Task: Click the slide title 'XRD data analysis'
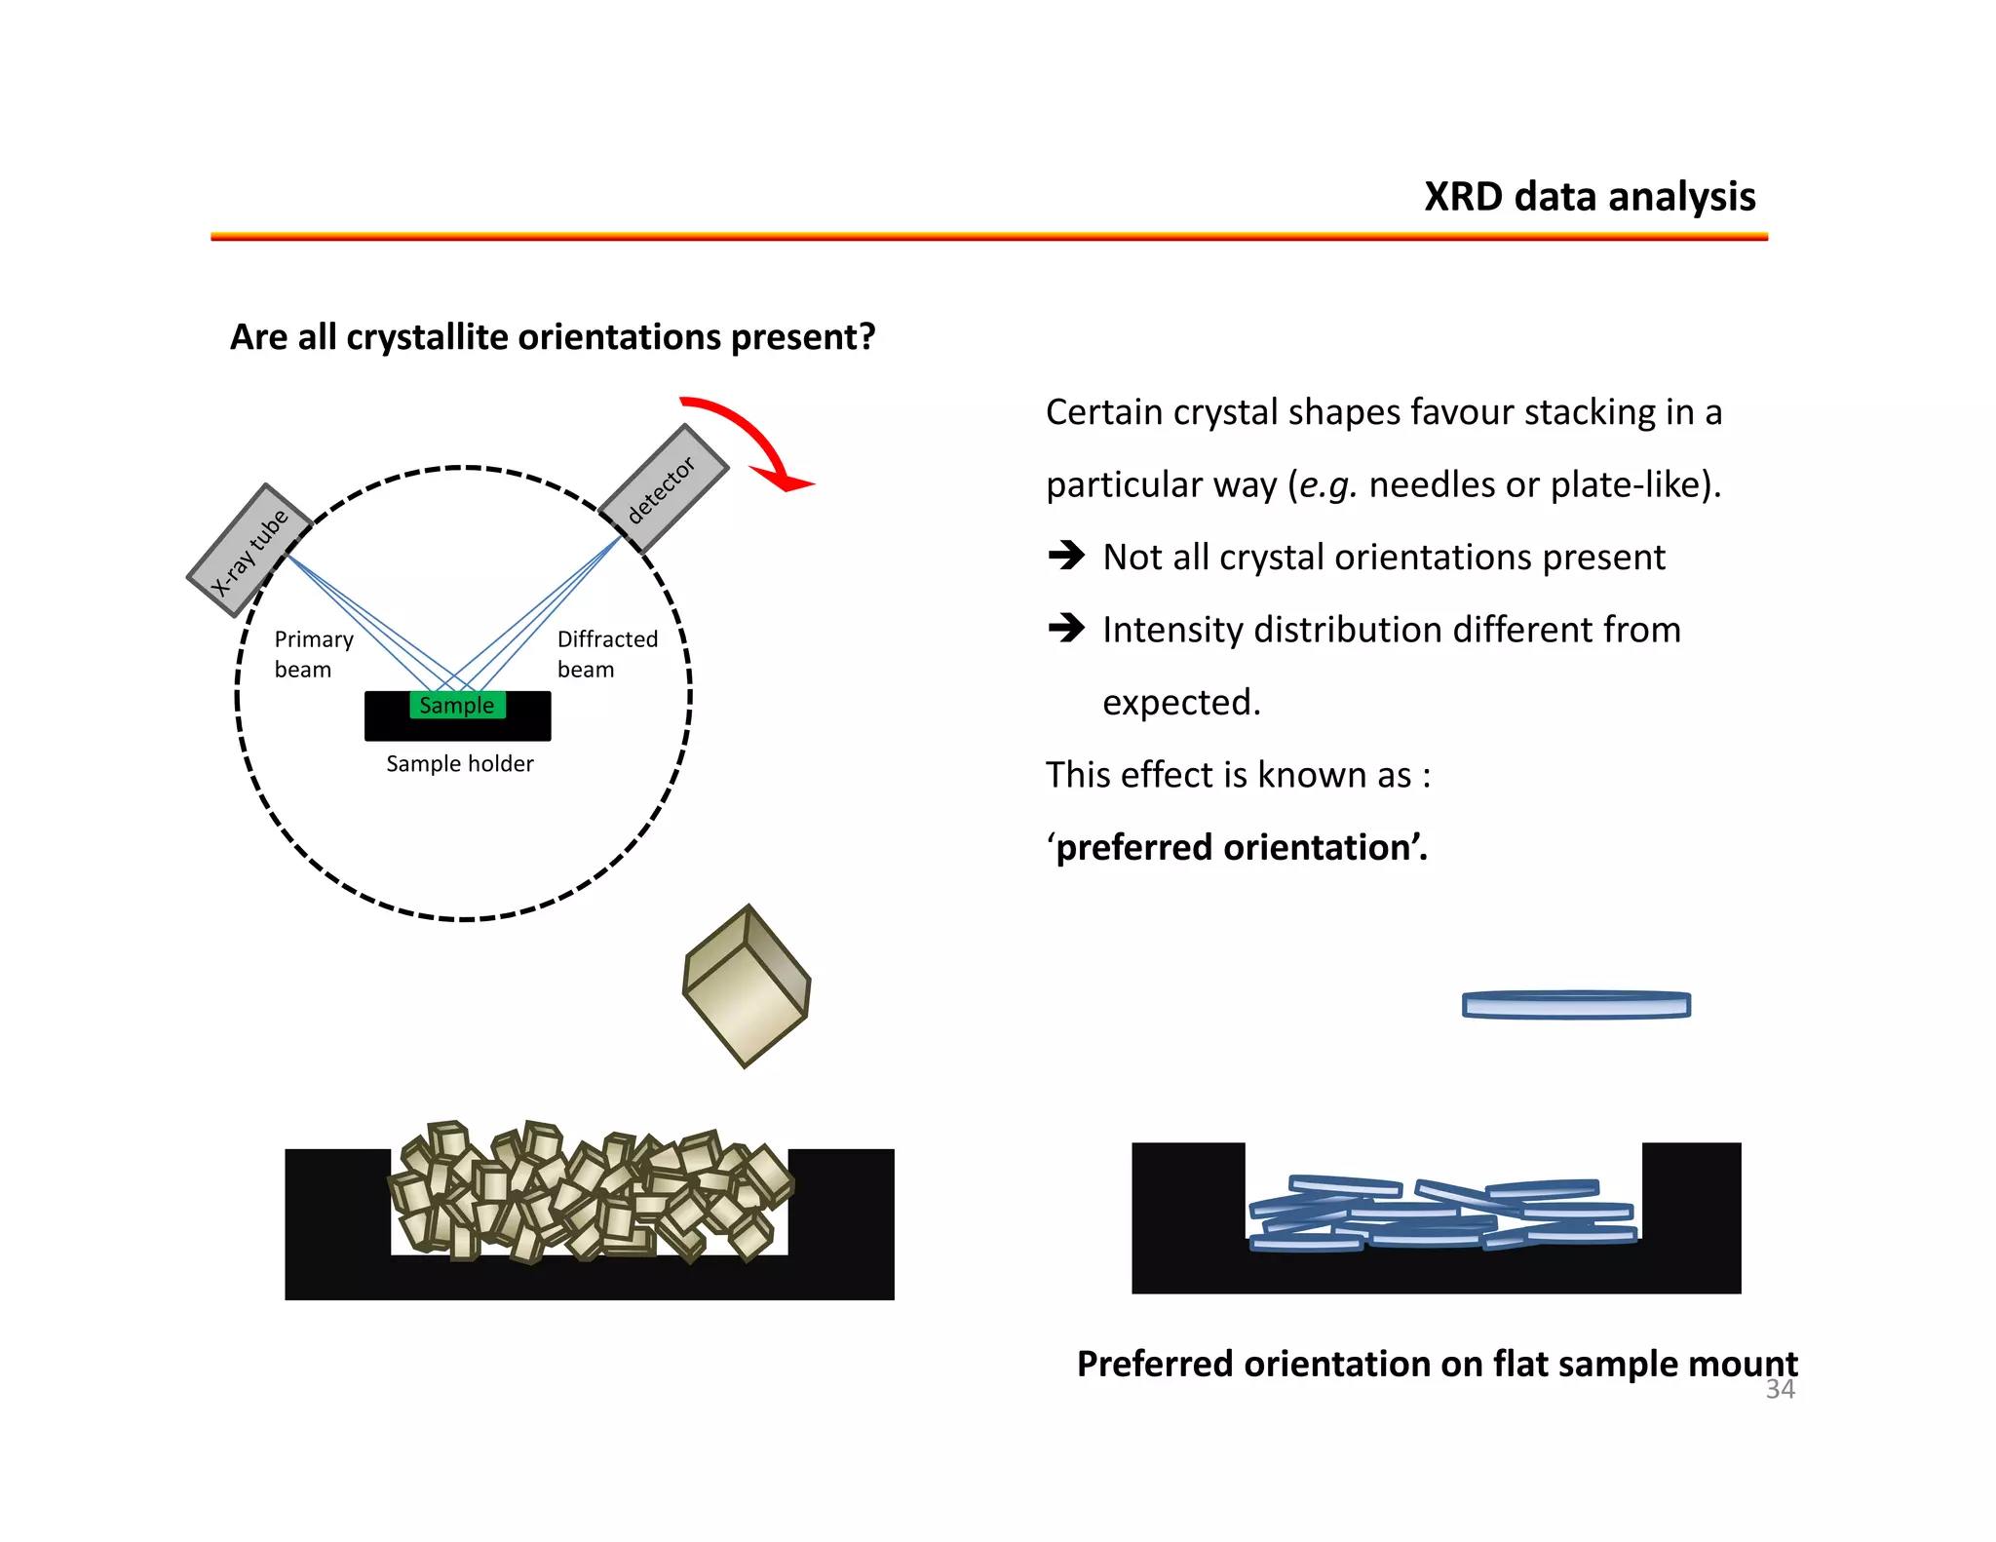tap(1589, 197)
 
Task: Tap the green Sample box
tap(457, 705)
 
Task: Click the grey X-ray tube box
tap(249, 551)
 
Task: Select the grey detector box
tap(663, 488)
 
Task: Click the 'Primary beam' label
tap(313, 654)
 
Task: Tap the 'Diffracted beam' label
tap(606, 654)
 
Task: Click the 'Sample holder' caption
tap(459, 763)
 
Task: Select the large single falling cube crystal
tap(747, 985)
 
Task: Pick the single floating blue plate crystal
tap(1575, 1005)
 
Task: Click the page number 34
tap(1780, 1389)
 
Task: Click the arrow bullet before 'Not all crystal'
tap(1066, 556)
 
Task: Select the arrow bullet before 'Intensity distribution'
tap(1066, 628)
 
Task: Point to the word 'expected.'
tap(1181, 702)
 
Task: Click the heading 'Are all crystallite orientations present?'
tap(553, 337)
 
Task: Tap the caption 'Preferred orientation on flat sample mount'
tap(1437, 1363)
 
